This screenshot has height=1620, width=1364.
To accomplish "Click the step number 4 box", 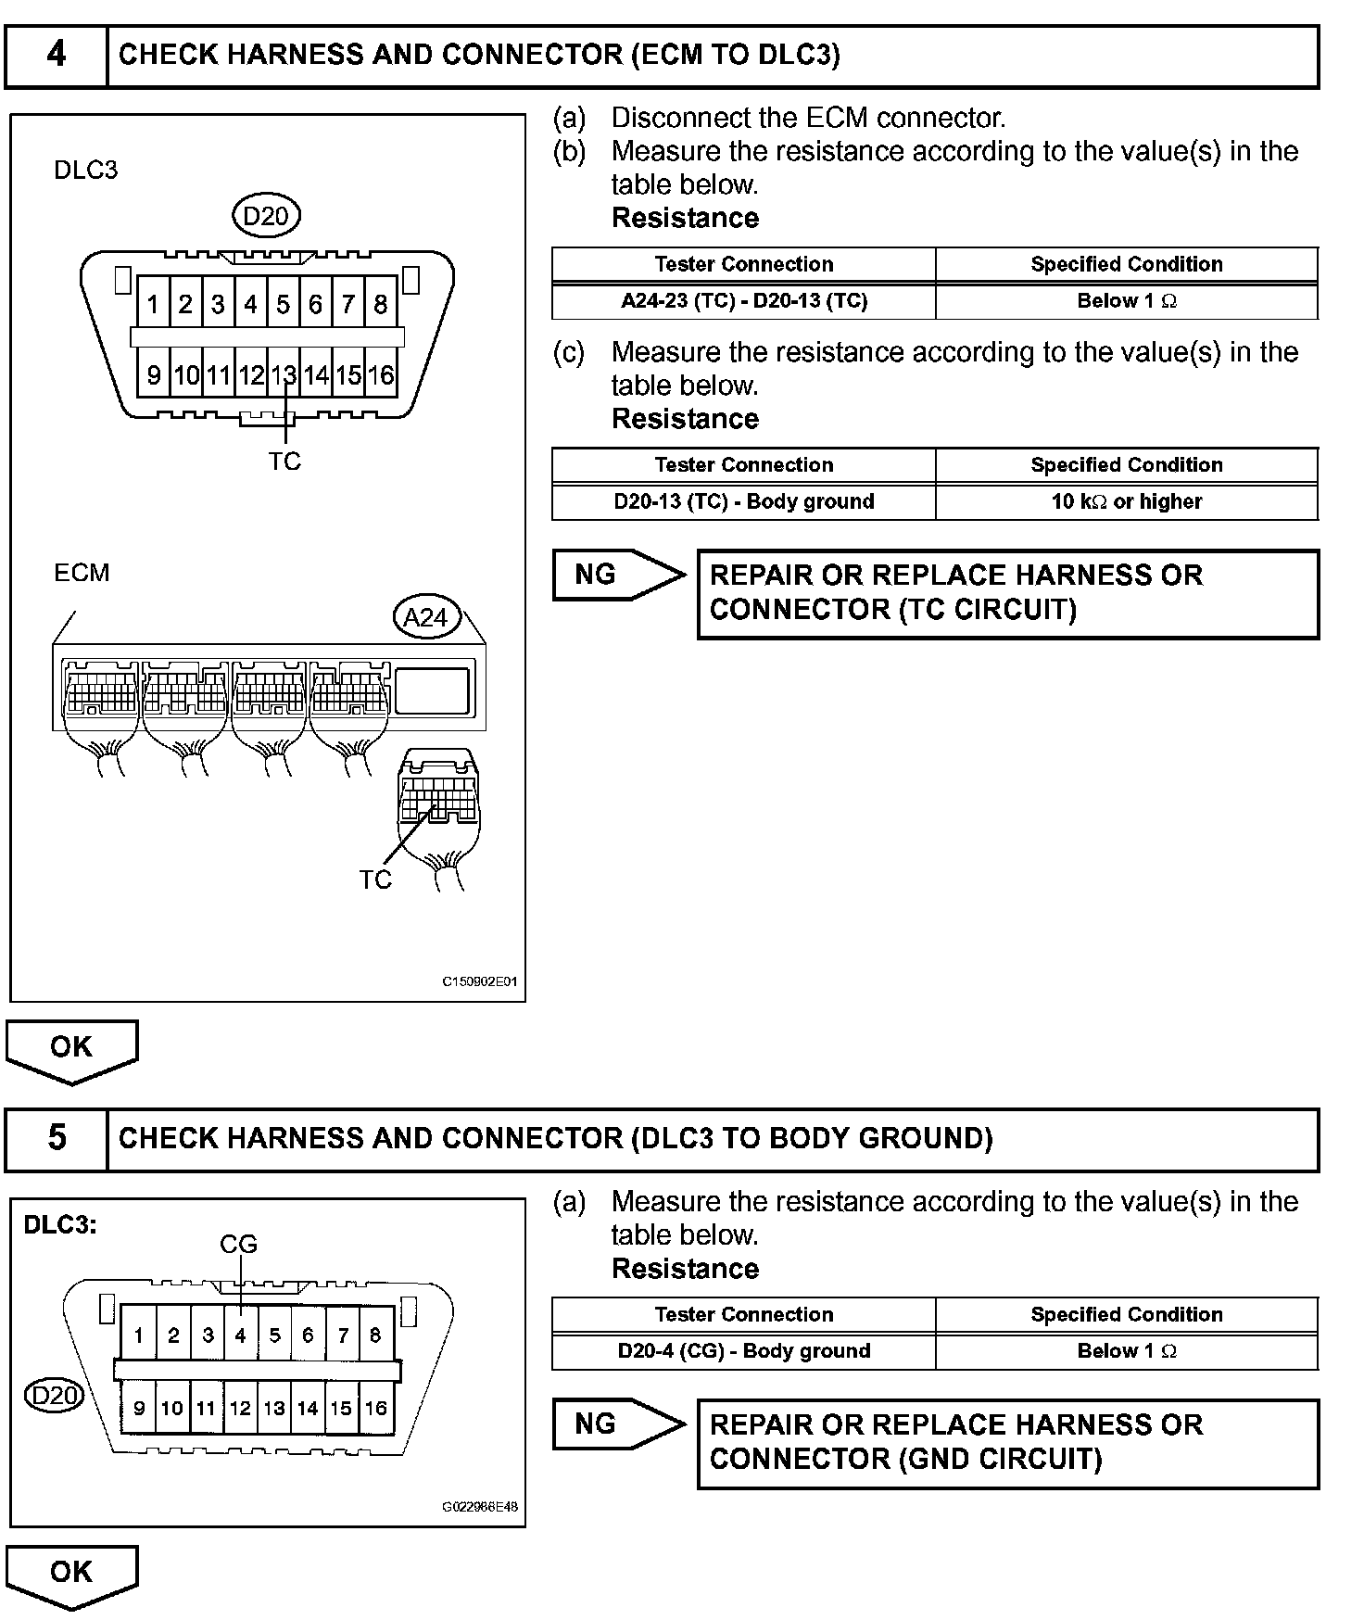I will pos(57,56).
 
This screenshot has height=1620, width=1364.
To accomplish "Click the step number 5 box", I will pos(57,1138).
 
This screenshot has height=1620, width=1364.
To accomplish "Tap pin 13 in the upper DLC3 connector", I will pos(284,375).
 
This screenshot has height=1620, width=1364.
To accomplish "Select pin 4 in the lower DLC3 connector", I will pos(240,1335).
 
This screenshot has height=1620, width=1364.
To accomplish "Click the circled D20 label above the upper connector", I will pos(266,217).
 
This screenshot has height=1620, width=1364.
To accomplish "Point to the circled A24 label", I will pos(426,617).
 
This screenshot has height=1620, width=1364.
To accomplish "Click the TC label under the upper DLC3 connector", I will pos(284,462).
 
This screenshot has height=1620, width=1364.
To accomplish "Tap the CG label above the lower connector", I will pos(238,1244).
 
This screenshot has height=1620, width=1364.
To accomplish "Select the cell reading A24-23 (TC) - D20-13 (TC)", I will pos(743,301).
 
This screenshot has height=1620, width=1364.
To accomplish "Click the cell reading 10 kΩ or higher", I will pos(1126,501).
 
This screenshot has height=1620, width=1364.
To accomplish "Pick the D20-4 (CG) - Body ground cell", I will pos(743,1351).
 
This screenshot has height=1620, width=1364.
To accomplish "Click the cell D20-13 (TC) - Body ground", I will pos(743,501).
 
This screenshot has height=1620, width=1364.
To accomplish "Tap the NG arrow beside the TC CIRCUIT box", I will pos(616,575).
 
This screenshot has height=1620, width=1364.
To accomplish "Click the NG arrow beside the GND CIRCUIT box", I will pos(616,1424).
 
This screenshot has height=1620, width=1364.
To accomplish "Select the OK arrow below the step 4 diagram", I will pos(71,1049).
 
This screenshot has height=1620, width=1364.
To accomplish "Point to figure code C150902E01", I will pos(479,981).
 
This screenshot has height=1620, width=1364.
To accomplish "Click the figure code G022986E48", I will pos(479,1507).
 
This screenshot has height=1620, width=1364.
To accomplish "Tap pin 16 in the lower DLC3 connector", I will pos(375,1409).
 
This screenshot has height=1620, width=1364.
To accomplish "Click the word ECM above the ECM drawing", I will pos(82,573).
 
